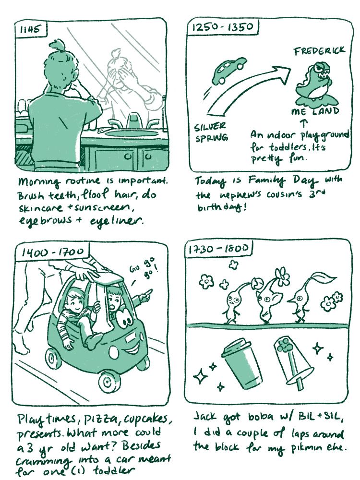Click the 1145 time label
[30, 29]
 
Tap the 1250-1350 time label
[223, 27]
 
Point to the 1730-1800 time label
[218, 249]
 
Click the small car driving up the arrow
[228, 70]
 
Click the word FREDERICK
[319, 51]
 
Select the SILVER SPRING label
[211, 132]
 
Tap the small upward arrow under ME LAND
[303, 123]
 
